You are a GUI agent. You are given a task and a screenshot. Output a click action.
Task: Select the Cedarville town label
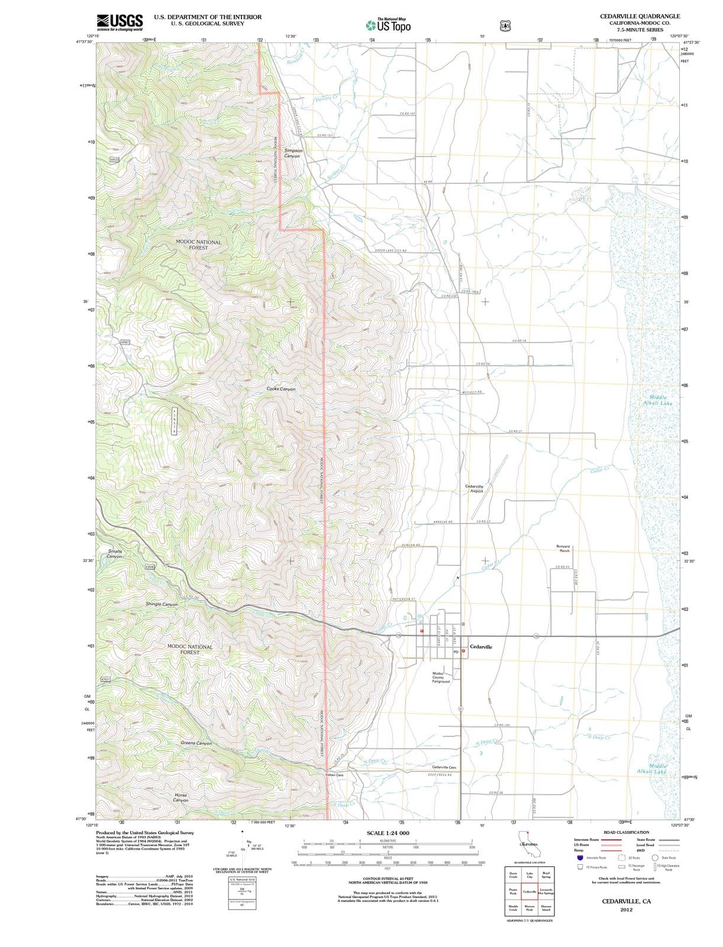[480, 647]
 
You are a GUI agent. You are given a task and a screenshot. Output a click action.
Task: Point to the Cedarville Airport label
[475, 488]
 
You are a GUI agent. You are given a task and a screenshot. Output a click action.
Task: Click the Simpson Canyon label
[293, 153]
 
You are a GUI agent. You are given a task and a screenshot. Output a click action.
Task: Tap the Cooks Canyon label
[281, 389]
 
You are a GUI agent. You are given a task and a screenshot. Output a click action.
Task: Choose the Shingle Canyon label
[162, 604]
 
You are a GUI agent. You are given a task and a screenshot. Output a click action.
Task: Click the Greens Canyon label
[196, 743]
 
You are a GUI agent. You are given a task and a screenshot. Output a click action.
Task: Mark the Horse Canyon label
[180, 797]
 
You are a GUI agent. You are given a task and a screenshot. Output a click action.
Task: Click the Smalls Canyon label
[114, 553]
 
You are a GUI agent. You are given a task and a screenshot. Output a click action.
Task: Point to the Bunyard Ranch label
[563, 548]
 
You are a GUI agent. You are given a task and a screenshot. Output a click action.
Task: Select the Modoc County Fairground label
[441, 677]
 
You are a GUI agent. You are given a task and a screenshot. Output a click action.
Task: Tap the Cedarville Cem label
[444, 767]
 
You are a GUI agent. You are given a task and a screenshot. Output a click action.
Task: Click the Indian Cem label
[334, 774]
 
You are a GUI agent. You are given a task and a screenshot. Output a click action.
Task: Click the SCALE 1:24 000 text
[388, 833]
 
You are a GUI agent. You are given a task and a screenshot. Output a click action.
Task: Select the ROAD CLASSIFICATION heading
[626, 832]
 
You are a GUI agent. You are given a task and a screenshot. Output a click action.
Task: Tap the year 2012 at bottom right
[627, 910]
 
